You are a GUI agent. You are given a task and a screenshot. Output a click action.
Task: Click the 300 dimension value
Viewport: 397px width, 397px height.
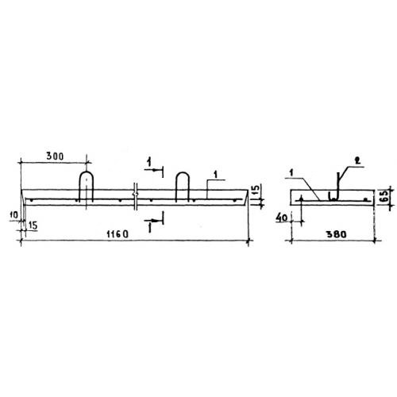pyautogui.click(x=55, y=156)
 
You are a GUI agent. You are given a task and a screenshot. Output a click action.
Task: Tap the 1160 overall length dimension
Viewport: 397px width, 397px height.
pyautogui.click(x=118, y=234)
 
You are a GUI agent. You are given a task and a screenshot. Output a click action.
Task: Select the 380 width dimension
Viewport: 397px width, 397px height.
pyautogui.click(x=336, y=234)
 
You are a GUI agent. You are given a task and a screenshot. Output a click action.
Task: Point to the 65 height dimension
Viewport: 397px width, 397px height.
pyautogui.click(x=385, y=196)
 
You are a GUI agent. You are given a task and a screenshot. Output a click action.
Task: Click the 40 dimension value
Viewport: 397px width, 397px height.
pyautogui.click(x=282, y=218)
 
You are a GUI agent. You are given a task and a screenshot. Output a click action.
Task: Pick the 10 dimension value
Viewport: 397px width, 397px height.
pyautogui.click(x=14, y=214)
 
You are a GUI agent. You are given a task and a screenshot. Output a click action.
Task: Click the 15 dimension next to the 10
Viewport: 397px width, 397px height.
pyautogui.click(x=33, y=225)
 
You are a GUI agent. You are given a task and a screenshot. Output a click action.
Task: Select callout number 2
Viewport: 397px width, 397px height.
pyautogui.click(x=357, y=160)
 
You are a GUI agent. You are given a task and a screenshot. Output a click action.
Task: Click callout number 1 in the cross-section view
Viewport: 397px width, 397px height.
pyautogui.click(x=291, y=173)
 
